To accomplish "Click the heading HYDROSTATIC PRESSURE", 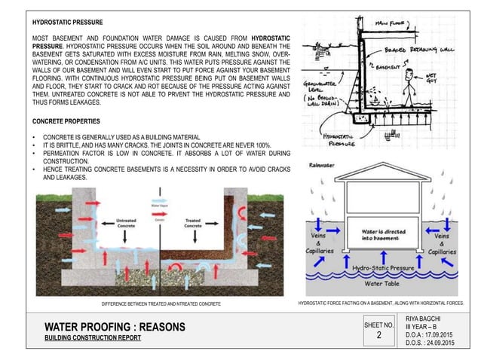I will pos(68,23).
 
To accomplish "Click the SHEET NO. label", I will pos(379,325).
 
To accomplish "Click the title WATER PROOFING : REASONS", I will pos(115,328).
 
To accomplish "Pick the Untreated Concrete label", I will pos(126,223).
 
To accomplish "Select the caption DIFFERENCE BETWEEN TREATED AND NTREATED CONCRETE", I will pos(161,303).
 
